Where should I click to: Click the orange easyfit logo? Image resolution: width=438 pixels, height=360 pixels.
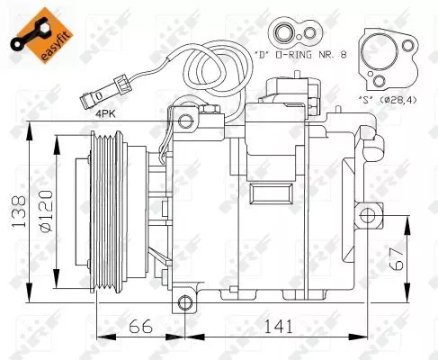pos(36,35)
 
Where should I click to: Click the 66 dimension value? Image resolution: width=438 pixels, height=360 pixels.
pos(137,326)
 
